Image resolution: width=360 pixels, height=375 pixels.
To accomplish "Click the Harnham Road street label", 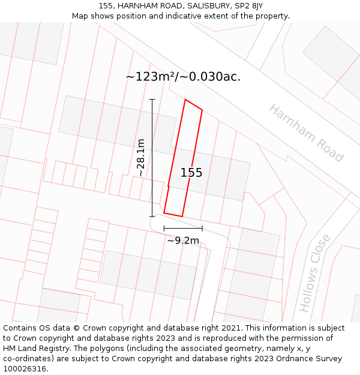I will [x=305, y=133].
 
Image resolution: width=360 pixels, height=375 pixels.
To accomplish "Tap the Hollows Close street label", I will [x=315, y=273].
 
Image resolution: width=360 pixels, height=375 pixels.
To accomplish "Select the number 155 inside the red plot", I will [x=191, y=173].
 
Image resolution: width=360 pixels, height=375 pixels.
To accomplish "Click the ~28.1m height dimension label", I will [x=141, y=157].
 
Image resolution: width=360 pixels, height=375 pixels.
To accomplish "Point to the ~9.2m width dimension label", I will [x=183, y=241].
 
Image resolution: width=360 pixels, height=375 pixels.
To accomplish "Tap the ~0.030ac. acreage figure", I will [x=211, y=77].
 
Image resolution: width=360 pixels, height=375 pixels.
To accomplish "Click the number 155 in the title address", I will [x=106, y=6].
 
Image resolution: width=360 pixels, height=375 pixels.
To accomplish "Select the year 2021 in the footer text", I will [x=232, y=328].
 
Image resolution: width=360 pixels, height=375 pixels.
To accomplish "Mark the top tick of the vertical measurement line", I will [x=152, y=100].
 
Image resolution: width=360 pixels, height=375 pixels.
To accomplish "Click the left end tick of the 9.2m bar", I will [x=164, y=229].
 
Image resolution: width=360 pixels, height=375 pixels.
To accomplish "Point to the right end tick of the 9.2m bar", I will [x=202, y=229].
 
